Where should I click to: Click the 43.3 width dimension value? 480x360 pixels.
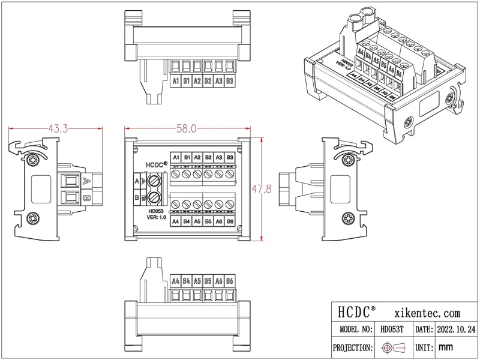click(58, 128)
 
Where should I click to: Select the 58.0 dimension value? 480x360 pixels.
click(185, 128)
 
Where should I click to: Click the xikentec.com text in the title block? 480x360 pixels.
click(427, 313)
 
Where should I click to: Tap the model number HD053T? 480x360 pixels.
click(392, 330)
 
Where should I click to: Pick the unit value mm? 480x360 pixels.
click(445, 347)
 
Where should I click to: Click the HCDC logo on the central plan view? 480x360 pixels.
click(155, 164)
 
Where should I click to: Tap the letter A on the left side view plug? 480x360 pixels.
click(86, 181)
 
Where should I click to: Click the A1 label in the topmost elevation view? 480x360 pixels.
click(176, 81)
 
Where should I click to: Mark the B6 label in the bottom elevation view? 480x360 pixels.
click(230, 280)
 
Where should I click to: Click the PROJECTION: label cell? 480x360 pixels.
click(353, 347)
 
